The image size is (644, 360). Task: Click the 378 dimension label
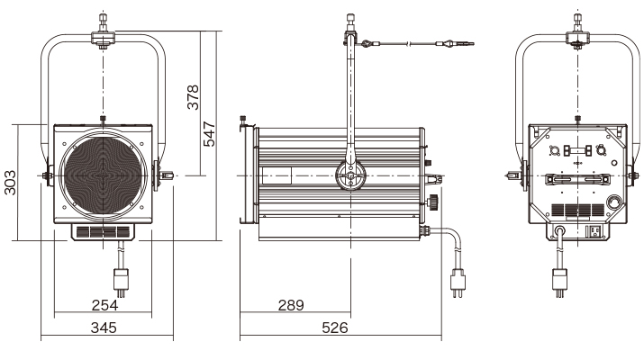click(193, 97)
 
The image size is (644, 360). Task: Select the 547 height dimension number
click(209, 134)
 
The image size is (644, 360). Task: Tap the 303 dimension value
click(10, 183)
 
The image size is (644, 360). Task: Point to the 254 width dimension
click(104, 305)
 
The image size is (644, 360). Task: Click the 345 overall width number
click(104, 328)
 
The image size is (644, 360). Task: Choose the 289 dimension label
click(291, 305)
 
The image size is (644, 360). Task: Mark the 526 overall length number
click(335, 328)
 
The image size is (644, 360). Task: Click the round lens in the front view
click(103, 175)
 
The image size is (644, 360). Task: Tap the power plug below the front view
click(122, 282)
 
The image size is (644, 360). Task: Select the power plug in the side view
click(458, 282)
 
